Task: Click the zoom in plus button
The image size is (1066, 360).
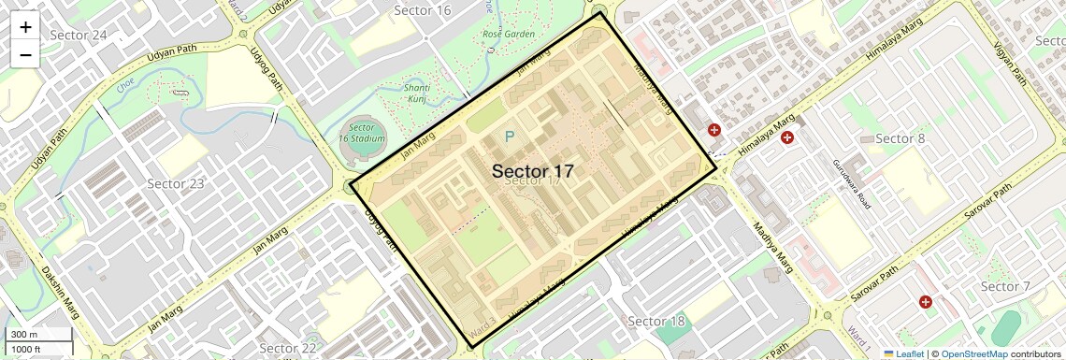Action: (x=25, y=27)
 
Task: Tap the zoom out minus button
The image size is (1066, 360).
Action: (x=25, y=54)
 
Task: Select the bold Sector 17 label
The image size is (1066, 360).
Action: (x=532, y=171)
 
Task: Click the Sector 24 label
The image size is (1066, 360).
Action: (x=79, y=36)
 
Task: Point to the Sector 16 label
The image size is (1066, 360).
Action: (x=423, y=10)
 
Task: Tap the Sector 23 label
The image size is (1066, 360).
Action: (x=177, y=183)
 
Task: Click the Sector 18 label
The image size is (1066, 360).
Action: (x=656, y=322)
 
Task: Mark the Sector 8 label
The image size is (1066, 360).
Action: (x=900, y=139)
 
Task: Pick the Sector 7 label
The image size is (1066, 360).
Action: (x=1006, y=286)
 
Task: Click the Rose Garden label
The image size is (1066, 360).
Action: (x=508, y=35)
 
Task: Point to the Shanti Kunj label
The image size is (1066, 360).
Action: (x=417, y=92)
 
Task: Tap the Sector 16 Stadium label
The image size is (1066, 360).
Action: (x=367, y=133)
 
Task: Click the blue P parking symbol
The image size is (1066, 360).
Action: (x=510, y=137)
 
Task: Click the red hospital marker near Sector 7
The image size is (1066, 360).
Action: (x=925, y=302)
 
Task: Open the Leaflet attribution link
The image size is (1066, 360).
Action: (x=903, y=354)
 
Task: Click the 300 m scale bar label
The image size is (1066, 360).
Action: (x=24, y=335)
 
